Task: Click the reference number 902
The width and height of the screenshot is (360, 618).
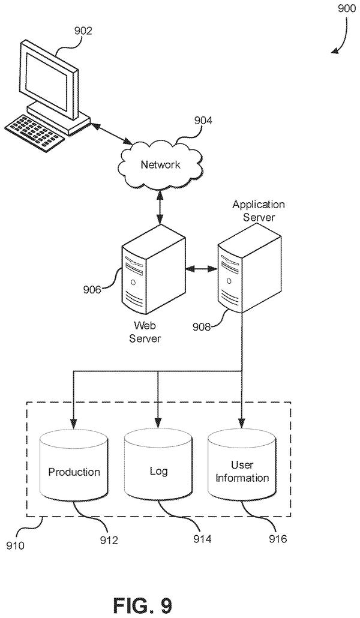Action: (83, 31)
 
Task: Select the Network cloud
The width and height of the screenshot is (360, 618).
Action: (160, 165)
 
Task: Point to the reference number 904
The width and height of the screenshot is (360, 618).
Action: (203, 121)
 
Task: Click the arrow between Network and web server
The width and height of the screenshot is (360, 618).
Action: (160, 208)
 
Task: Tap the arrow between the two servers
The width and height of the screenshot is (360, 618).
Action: (202, 269)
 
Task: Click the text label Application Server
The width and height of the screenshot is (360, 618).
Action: (258, 211)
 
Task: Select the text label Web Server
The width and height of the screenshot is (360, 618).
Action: (145, 332)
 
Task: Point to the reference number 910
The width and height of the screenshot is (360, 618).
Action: (16, 545)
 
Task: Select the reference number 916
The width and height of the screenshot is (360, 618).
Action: (278, 539)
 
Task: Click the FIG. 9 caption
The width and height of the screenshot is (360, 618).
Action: (143, 604)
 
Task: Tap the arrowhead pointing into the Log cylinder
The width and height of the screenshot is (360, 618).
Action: (158, 424)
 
